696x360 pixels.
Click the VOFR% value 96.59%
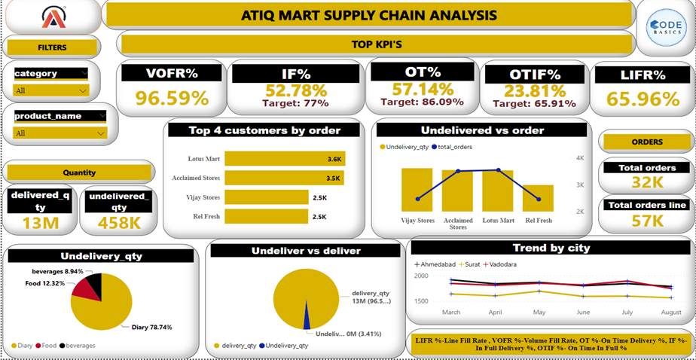pyautogui.click(x=172, y=99)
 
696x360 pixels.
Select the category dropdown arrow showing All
pyautogui.click(x=83, y=90)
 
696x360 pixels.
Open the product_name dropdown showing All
pyautogui.click(x=101, y=133)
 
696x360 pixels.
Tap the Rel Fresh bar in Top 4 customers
pyautogui.click(x=267, y=217)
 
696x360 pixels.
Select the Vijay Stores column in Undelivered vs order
pyautogui.click(x=417, y=191)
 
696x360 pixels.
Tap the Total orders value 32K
pyautogui.click(x=647, y=182)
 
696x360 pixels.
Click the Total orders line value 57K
pyautogui.click(x=647, y=220)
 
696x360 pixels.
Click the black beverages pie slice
pyautogui.click(x=93, y=285)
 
